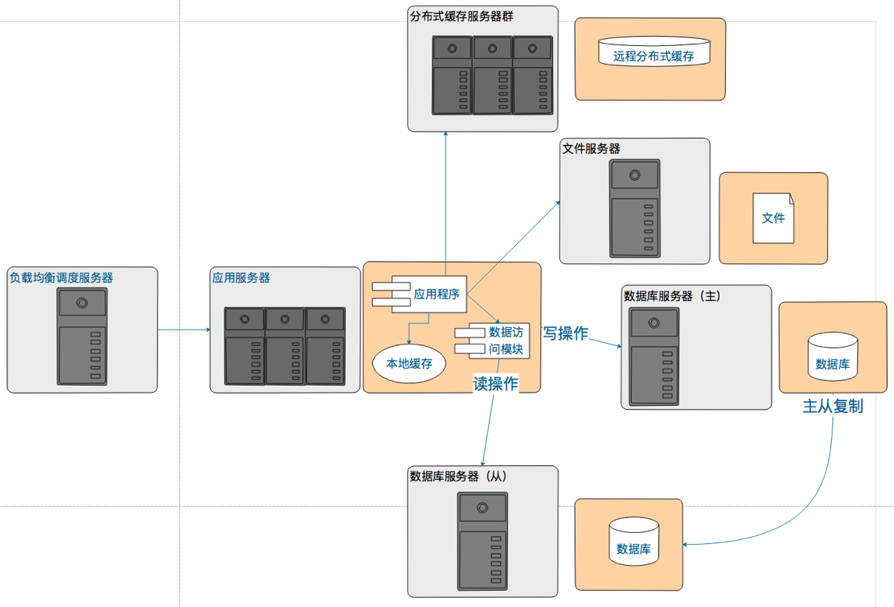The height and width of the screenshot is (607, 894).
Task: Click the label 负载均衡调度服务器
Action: (61, 278)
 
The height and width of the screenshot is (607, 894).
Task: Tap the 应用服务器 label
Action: (241, 278)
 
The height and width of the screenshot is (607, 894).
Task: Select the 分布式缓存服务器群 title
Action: (461, 16)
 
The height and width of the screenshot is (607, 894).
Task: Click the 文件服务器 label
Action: (591, 149)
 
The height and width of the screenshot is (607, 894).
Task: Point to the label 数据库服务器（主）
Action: (672, 296)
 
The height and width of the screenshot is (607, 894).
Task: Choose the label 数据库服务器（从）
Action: (459, 476)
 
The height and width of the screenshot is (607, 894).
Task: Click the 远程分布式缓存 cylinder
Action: (654, 52)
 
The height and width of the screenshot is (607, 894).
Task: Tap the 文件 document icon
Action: (773, 218)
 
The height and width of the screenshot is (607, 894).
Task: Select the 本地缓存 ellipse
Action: (410, 363)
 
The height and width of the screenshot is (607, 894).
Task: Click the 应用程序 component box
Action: (420, 294)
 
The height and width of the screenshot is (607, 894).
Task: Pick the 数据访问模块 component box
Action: (492, 341)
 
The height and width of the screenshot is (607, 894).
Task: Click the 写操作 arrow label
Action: (565, 333)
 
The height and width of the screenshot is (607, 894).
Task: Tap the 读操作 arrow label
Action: (495, 383)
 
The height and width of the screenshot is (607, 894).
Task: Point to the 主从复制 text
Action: (833, 406)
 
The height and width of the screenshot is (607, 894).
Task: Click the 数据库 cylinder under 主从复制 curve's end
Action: (634, 542)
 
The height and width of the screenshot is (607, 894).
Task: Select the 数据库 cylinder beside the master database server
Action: (833, 357)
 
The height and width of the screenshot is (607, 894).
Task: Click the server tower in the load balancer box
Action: (82, 337)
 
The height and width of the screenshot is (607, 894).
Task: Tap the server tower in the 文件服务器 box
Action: (635, 208)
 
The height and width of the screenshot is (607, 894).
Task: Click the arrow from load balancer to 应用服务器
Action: (184, 330)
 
